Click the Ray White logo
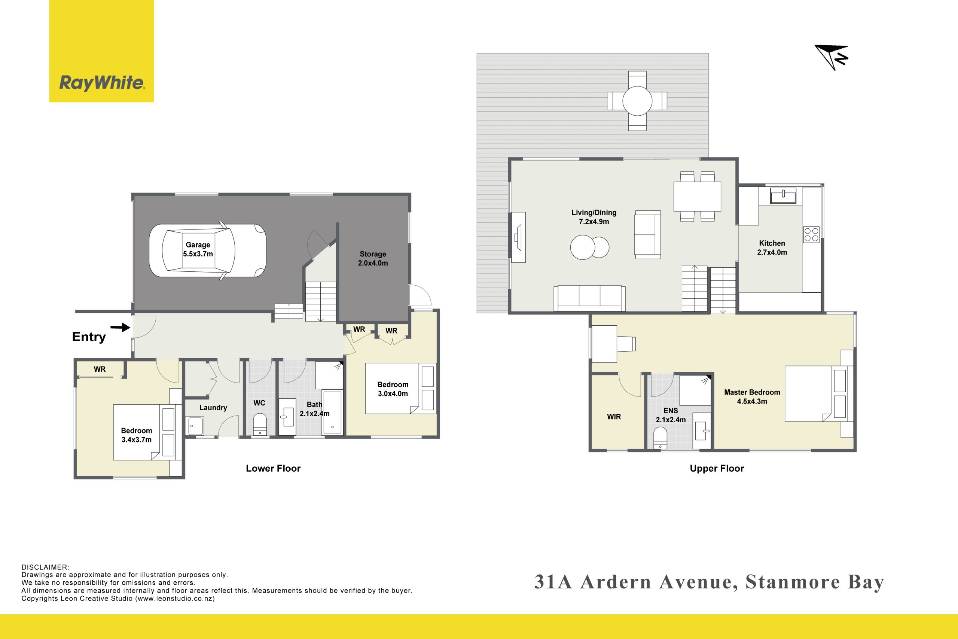pos(101,51)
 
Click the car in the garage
pos(207,250)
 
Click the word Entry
pos(89,337)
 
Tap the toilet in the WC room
pos(259,425)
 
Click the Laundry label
pos(213,408)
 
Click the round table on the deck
pos(637,101)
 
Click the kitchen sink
pos(783,196)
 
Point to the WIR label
pos(614,417)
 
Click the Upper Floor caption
pos(717,468)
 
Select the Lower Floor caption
pos(273,468)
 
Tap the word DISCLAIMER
pos(45,567)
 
